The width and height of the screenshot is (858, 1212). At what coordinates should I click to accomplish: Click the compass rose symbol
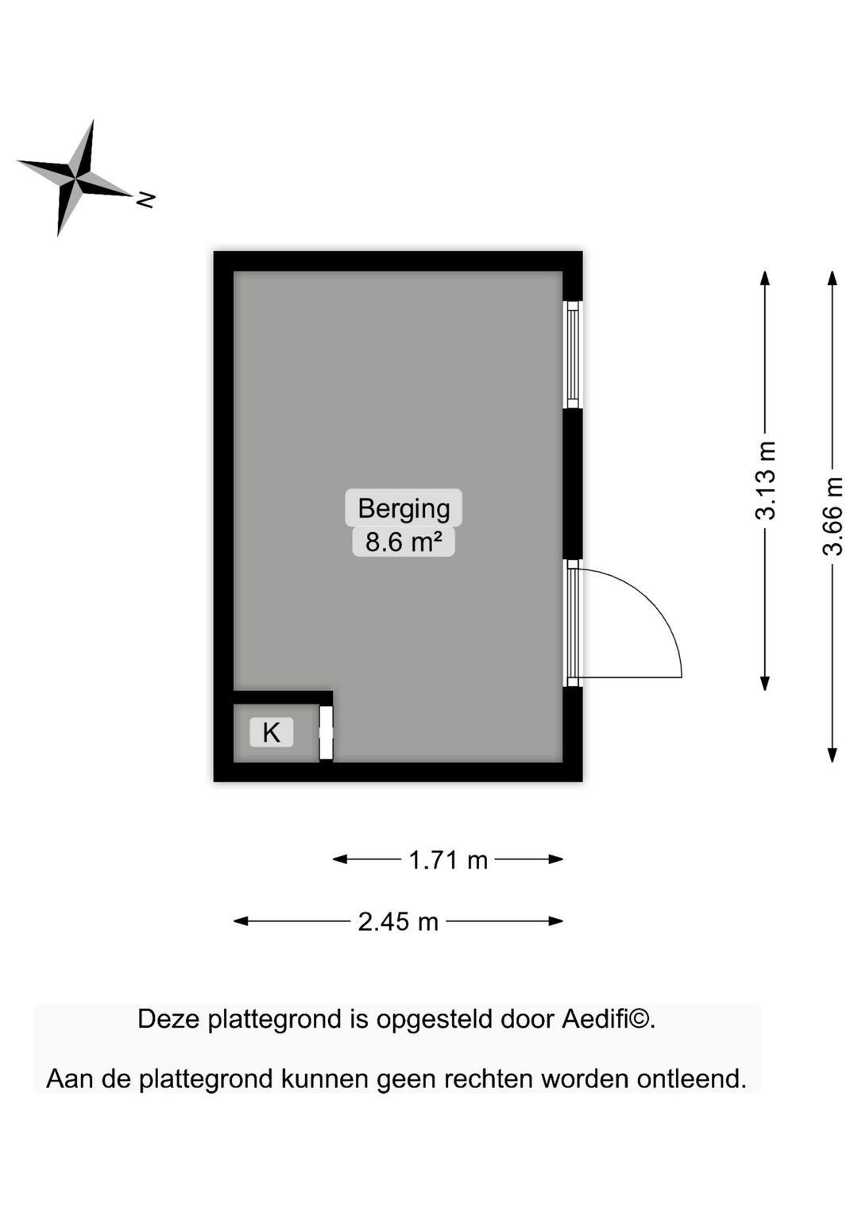[75, 179]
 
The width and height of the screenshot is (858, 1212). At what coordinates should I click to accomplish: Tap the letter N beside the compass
[145, 199]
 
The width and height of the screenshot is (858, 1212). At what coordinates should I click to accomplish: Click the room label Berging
[404, 508]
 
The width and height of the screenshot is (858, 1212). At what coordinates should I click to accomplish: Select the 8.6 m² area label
[404, 542]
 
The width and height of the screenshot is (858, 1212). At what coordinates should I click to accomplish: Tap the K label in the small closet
[271, 732]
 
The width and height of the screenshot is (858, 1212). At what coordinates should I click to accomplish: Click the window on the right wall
[572, 354]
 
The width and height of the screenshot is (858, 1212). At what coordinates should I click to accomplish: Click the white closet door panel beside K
[326, 732]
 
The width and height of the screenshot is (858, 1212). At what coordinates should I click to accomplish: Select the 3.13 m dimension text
[765, 481]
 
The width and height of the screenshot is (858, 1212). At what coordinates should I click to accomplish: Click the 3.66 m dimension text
[833, 516]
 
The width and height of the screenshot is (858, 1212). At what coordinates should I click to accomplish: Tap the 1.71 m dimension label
[448, 859]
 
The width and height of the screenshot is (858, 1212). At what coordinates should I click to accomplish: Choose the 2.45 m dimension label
[398, 921]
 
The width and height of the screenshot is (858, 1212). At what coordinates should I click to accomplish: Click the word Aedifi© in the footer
[608, 1019]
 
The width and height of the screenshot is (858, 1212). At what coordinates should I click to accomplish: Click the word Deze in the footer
[168, 1019]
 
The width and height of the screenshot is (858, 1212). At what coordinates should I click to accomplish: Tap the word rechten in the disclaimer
[489, 1079]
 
